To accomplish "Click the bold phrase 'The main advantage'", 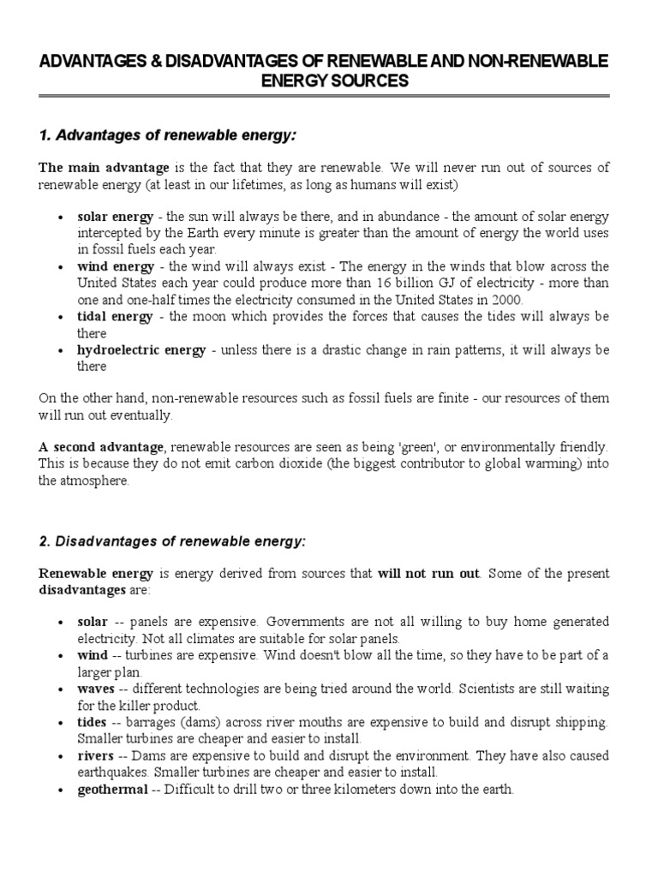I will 104,168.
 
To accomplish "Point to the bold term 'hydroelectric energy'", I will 141,350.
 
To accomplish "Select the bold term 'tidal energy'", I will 115,317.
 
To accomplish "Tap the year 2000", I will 502,300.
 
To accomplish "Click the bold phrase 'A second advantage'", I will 101,447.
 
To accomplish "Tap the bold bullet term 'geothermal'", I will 112,789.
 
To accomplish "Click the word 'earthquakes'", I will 111,773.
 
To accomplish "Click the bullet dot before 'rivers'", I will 58,756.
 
